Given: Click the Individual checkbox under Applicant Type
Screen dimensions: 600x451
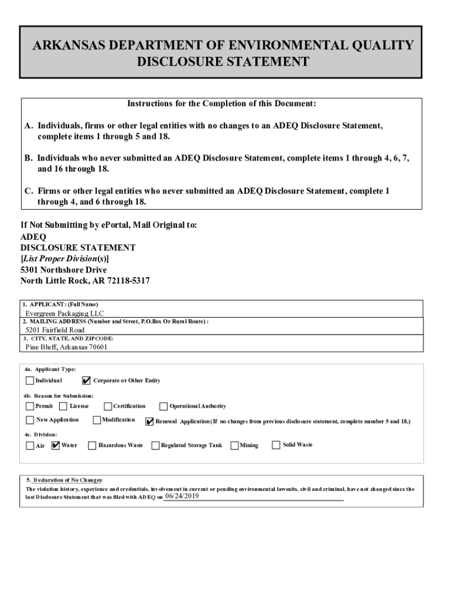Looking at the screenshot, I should (x=30, y=381).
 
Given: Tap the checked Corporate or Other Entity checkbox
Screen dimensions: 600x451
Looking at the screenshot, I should (x=87, y=381).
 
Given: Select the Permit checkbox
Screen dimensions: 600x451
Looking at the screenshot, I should (x=30, y=406).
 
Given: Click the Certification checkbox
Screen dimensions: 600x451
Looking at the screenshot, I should (x=108, y=406).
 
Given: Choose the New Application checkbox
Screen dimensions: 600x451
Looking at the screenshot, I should (x=30, y=420).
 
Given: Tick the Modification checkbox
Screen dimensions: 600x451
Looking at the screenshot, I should (x=97, y=420).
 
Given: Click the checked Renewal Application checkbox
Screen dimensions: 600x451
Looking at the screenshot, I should (x=149, y=421).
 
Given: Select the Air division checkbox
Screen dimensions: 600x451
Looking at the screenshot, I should (x=30, y=446).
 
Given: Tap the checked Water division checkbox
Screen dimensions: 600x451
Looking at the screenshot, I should (x=56, y=445).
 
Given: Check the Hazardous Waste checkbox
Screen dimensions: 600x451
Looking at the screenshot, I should (x=92, y=446).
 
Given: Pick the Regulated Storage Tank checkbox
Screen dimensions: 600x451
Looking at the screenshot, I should (x=155, y=446).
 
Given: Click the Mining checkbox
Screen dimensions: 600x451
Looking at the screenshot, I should (x=234, y=446).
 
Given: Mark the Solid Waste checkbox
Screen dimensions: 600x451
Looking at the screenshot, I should (x=276, y=445).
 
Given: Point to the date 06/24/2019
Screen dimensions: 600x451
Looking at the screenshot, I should (x=182, y=496).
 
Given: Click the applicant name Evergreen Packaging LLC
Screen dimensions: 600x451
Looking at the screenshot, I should (x=64, y=313).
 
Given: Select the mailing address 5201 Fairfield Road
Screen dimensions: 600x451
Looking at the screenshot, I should (x=54, y=330).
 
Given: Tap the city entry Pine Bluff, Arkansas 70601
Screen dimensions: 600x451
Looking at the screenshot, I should (x=67, y=346).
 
